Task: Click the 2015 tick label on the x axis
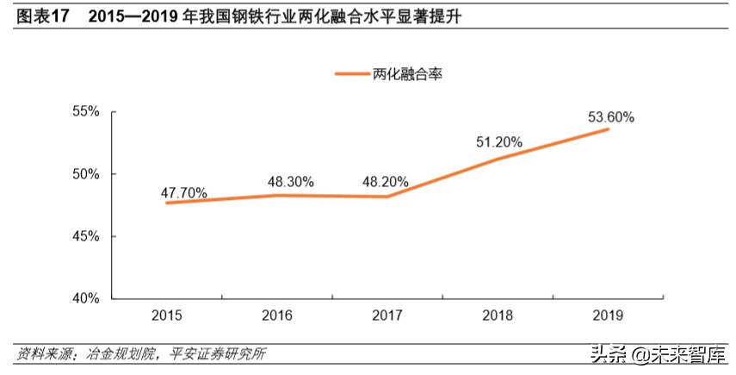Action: point(166,316)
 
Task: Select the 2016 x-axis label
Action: point(277,316)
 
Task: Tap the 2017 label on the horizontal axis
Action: point(387,316)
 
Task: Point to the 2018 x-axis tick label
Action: point(498,316)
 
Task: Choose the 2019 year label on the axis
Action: point(609,316)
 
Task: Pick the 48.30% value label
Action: point(290,183)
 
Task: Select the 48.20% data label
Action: point(384,183)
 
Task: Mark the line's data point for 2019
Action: point(609,129)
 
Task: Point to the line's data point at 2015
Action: point(166,203)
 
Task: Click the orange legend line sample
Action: point(352,74)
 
